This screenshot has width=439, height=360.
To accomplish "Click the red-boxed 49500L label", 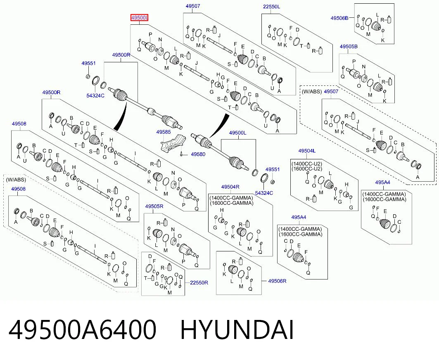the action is (140, 18).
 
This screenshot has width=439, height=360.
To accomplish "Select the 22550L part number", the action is (271, 7).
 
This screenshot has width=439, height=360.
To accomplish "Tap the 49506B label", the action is (339, 18).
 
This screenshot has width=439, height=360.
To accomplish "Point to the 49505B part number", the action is (349, 47).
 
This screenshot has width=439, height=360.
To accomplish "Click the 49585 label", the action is (164, 132).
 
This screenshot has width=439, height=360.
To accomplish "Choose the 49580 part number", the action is (198, 154).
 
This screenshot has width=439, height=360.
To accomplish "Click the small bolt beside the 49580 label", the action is (182, 154).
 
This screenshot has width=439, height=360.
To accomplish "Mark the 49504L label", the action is (307, 151).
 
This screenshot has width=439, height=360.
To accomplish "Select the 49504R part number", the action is (230, 187).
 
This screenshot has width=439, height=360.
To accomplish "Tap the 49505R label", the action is (154, 206).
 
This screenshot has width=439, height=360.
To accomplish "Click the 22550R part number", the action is (199, 282).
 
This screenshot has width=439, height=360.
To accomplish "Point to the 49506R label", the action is (277, 281).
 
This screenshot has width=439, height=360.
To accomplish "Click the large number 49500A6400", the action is (82, 330).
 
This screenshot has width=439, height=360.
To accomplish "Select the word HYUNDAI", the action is (237, 330).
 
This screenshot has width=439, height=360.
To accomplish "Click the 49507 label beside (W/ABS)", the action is (331, 91).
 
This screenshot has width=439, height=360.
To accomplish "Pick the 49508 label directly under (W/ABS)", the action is (19, 189).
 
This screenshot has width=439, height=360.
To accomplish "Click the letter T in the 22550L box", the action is (301, 46).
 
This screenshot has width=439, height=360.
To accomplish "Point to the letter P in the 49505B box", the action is (354, 62).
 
